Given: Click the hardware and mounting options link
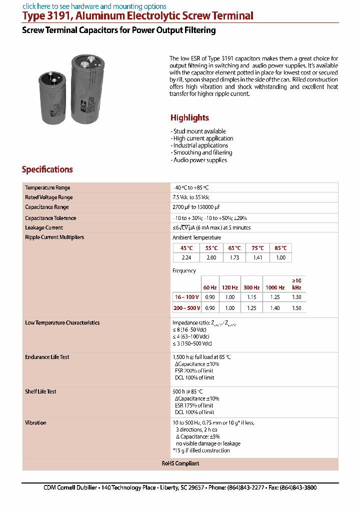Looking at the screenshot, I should pos(94,6).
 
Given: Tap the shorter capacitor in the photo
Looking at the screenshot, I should pos(54,98).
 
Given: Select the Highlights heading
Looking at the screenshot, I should pos(189,118).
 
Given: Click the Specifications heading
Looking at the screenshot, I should pos(47,169).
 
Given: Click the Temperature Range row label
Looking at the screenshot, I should pos(47,187).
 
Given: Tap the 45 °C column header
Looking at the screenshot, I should pos(186,248).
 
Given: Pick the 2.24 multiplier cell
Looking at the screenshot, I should pos(186,257).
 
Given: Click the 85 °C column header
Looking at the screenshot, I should pos(280,248).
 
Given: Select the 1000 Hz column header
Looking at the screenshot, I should pos(274,287).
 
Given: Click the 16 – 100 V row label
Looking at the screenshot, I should pos(186,297).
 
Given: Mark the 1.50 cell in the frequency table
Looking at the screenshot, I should pos(296,308).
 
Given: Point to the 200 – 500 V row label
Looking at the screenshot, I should pos(186,308).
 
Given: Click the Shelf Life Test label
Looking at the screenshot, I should pos(40,391).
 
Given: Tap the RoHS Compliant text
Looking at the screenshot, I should pos(180,463).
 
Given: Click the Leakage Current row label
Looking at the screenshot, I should pos(44,227).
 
